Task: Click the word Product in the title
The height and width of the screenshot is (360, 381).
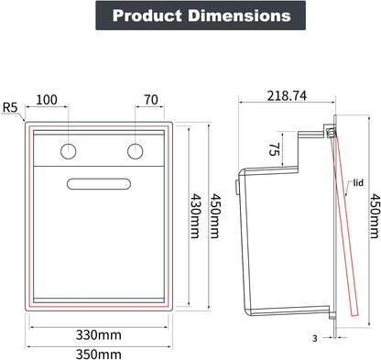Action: tap(147, 16)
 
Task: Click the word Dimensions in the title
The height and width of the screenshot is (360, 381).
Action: tap(239, 16)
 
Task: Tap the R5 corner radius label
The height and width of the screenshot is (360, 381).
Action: tap(10, 107)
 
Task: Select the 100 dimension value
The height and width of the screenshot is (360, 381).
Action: tap(47, 100)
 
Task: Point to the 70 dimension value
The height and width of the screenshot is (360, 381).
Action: tap(151, 100)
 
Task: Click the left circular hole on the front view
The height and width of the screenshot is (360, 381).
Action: tap(68, 151)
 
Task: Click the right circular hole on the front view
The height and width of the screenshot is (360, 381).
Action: tap(135, 151)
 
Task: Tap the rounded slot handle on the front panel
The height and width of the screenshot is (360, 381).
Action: tap(99, 184)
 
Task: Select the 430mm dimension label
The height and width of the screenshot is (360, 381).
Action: tap(195, 216)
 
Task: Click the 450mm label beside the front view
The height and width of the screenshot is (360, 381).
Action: tap(214, 216)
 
